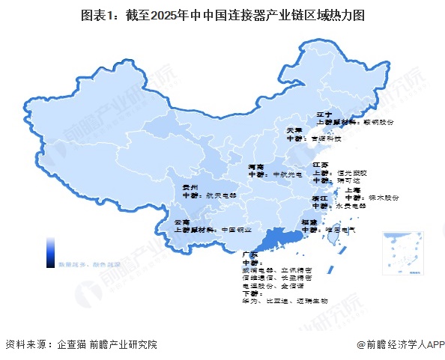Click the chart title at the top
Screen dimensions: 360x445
pyautogui.click(x=222, y=14)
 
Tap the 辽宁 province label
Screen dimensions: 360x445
pyautogui.click(x=324, y=113)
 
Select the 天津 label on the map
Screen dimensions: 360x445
pyautogui.click(x=295, y=130)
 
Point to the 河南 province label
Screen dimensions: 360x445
pyautogui.click(x=256, y=166)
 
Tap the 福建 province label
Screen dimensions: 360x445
pyautogui.click(x=309, y=222)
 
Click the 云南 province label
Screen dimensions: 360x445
pyautogui.click(x=182, y=222)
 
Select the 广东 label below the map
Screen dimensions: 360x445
pyautogui.click(x=251, y=254)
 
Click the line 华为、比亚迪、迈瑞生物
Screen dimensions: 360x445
pyautogui.click(x=276, y=300)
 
